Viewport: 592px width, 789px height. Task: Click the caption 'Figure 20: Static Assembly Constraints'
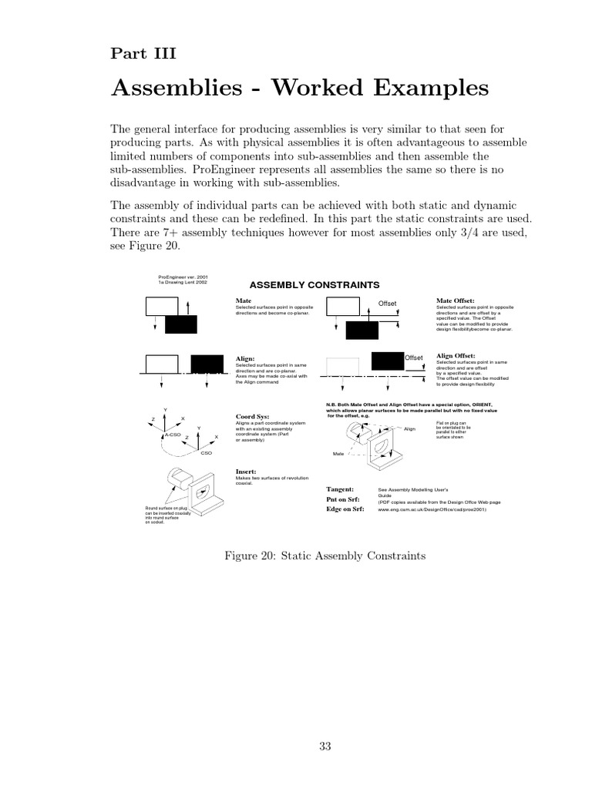[323, 555]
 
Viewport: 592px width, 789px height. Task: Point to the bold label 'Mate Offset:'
[456, 300]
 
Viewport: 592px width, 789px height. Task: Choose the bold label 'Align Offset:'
[456, 356]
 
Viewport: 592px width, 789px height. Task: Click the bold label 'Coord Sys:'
[252, 417]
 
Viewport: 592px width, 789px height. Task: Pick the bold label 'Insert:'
[247, 471]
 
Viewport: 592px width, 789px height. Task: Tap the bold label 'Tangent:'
[340, 489]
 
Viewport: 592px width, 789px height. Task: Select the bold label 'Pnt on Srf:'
[343, 499]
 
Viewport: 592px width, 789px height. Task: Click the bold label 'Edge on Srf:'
[345, 509]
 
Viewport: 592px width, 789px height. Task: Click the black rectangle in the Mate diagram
[182, 324]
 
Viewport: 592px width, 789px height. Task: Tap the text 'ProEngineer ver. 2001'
[183, 277]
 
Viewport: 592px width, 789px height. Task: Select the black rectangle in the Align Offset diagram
[387, 360]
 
